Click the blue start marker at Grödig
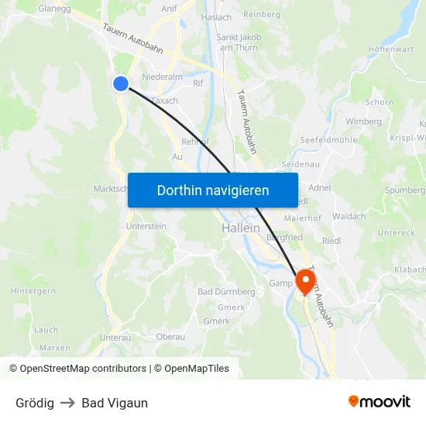(120, 83)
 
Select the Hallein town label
(239, 228)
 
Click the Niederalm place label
(163, 77)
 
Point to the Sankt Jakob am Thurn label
(239, 42)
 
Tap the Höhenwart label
(392, 49)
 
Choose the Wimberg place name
(363, 122)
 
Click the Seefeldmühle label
(328, 139)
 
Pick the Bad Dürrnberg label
(226, 291)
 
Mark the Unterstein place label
(146, 226)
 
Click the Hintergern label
(33, 290)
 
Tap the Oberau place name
(170, 336)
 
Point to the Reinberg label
(262, 15)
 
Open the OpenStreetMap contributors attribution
(77, 369)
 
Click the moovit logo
(380, 402)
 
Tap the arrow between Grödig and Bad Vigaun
(67, 403)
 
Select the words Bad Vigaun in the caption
(115, 403)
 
